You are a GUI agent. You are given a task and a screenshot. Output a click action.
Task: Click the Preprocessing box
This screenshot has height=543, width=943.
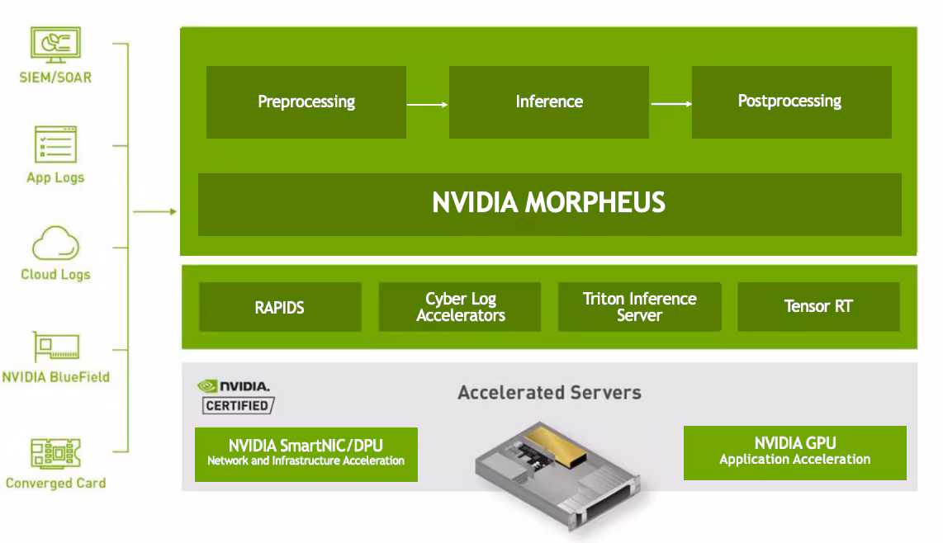click(306, 102)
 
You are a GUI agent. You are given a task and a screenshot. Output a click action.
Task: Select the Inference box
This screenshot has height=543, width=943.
click(548, 102)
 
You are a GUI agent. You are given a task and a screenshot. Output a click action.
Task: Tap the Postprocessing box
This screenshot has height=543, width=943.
click(790, 102)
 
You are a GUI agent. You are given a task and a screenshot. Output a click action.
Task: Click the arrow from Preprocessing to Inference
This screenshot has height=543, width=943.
click(427, 105)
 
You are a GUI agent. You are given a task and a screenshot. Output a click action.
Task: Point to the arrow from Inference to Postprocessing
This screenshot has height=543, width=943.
click(671, 104)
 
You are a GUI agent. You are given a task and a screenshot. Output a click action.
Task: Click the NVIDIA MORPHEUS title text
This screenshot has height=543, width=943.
click(548, 203)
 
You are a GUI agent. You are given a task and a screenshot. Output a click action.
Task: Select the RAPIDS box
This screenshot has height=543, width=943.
click(280, 308)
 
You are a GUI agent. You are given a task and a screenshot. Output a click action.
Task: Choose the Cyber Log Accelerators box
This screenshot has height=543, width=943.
click(460, 308)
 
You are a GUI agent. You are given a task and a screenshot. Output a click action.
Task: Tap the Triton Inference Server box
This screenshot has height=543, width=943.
click(639, 308)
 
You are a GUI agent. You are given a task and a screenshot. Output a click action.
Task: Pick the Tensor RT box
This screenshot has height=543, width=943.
click(817, 308)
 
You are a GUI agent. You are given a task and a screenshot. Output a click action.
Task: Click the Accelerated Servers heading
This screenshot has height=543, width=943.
click(549, 392)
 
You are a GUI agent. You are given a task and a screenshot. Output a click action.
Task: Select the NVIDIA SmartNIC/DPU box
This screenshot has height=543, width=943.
click(306, 454)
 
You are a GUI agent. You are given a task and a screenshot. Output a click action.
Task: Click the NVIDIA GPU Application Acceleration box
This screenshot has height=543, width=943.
click(794, 452)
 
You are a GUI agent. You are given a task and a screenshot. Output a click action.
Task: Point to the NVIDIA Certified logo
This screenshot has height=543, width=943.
click(236, 397)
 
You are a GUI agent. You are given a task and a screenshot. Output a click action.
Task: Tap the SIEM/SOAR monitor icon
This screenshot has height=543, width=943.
click(55, 46)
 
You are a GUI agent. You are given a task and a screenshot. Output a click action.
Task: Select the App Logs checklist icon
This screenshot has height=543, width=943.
click(55, 145)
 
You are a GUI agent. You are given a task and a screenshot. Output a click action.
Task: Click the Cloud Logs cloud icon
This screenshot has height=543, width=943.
click(55, 245)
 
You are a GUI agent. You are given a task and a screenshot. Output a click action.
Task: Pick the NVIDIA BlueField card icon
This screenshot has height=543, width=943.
click(55, 347)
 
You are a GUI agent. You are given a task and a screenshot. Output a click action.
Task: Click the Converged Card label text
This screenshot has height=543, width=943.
click(55, 484)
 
